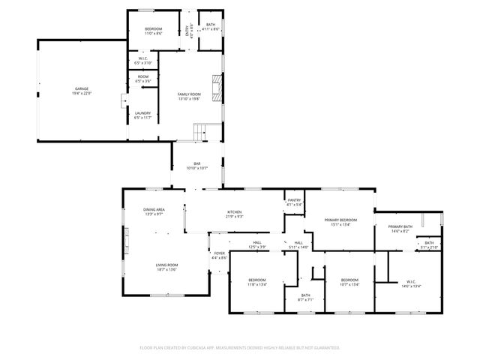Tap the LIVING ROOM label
(166, 266)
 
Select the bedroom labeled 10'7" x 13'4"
(349, 283)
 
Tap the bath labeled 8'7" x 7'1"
(305, 297)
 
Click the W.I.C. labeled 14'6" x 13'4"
(411, 284)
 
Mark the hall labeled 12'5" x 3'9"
(256, 244)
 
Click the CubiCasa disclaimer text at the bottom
(240, 347)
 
